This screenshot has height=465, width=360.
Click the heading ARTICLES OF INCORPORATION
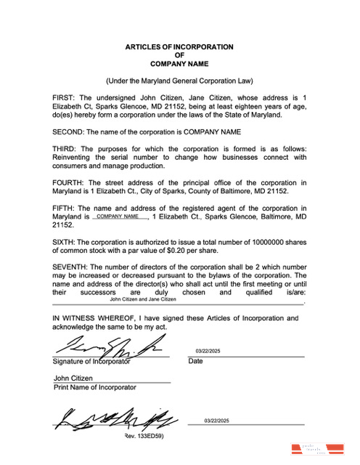pos(179,47)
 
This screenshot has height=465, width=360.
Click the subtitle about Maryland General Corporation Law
pos(179,81)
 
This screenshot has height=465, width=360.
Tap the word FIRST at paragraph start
pos(64,97)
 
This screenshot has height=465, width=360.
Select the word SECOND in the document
pos(67,132)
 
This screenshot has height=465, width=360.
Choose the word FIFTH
pos(64,209)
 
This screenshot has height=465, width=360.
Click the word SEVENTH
pos(70,267)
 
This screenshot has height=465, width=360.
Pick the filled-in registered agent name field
pos(118,217)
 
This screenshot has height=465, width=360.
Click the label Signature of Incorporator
pos(91,361)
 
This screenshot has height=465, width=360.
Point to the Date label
pos(195,361)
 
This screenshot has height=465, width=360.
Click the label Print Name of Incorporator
pos(94,387)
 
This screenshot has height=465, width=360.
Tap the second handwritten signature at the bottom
pos(115,417)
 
